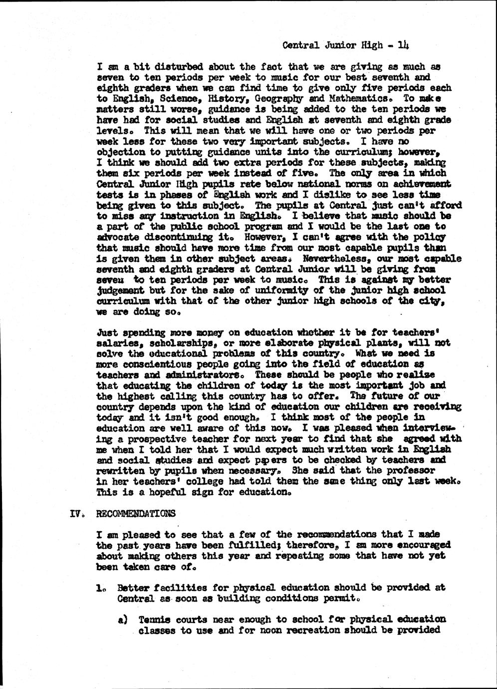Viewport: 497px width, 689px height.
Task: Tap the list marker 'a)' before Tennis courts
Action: click(121, 620)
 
